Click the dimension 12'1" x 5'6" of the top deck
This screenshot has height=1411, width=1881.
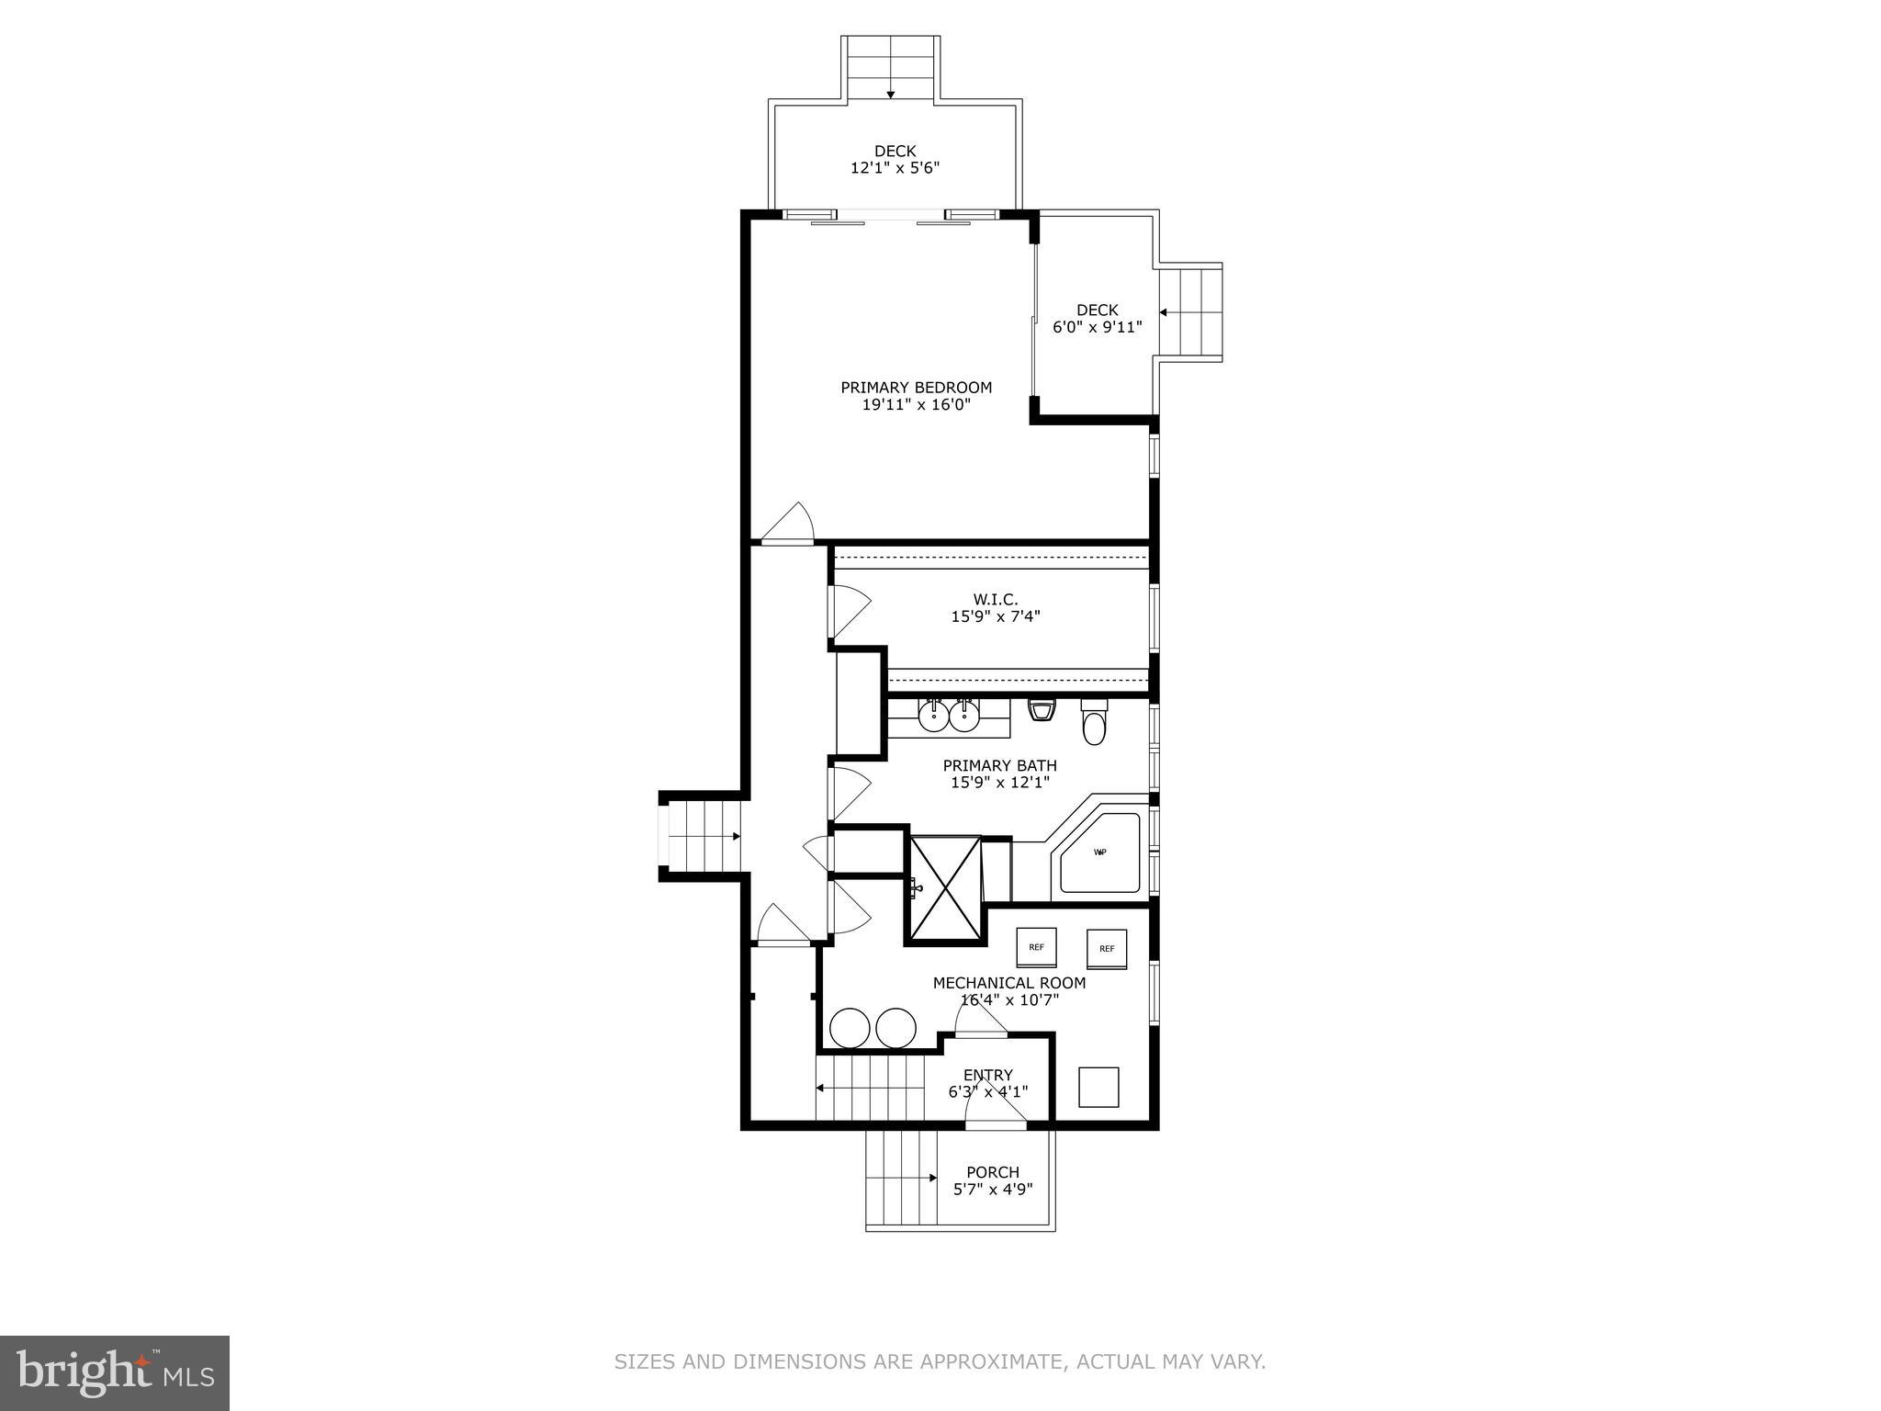[x=894, y=168]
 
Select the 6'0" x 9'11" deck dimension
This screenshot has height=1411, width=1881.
[x=1097, y=327]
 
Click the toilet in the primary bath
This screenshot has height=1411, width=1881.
[x=1094, y=726]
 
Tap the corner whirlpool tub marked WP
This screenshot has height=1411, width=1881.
[x=1099, y=852]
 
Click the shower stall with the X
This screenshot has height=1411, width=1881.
[x=945, y=887]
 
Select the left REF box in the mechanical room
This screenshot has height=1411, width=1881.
[x=1036, y=947]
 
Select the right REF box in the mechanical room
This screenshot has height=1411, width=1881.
[x=1106, y=949]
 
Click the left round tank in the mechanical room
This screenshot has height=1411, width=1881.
[x=850, y=1028]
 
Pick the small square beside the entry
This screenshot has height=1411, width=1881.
[x=1098, y=1087]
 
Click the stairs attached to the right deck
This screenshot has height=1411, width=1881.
[x=1191, y=312]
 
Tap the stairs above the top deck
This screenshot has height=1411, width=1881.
[x=891, y=69]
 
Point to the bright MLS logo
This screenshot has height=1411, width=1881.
[x=114, y=1373]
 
